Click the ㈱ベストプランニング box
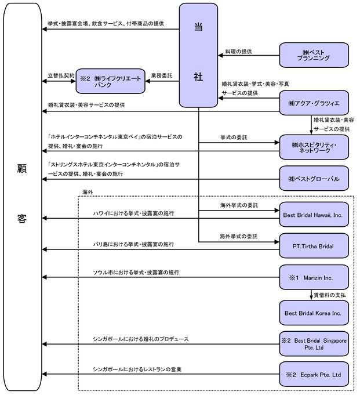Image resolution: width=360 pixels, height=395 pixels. pos(314,55)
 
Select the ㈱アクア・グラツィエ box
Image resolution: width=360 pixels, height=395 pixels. pos(314,103)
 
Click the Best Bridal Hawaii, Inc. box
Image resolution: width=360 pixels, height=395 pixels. pos(314,215)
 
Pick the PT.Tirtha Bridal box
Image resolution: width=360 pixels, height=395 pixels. pos(314,245)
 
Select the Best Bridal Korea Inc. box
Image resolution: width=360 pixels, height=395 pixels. pos(314,313)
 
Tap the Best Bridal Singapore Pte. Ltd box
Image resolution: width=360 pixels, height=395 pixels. pos(314,344)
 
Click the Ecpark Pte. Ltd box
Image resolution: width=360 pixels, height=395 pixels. pos(314,375)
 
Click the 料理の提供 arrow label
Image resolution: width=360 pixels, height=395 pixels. pos(238,51)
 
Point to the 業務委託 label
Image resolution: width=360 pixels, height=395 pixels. pos(161,75)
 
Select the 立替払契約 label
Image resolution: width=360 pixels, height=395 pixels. pos(61,75)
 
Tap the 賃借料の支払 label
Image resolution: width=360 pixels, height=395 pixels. pos(331,295)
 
